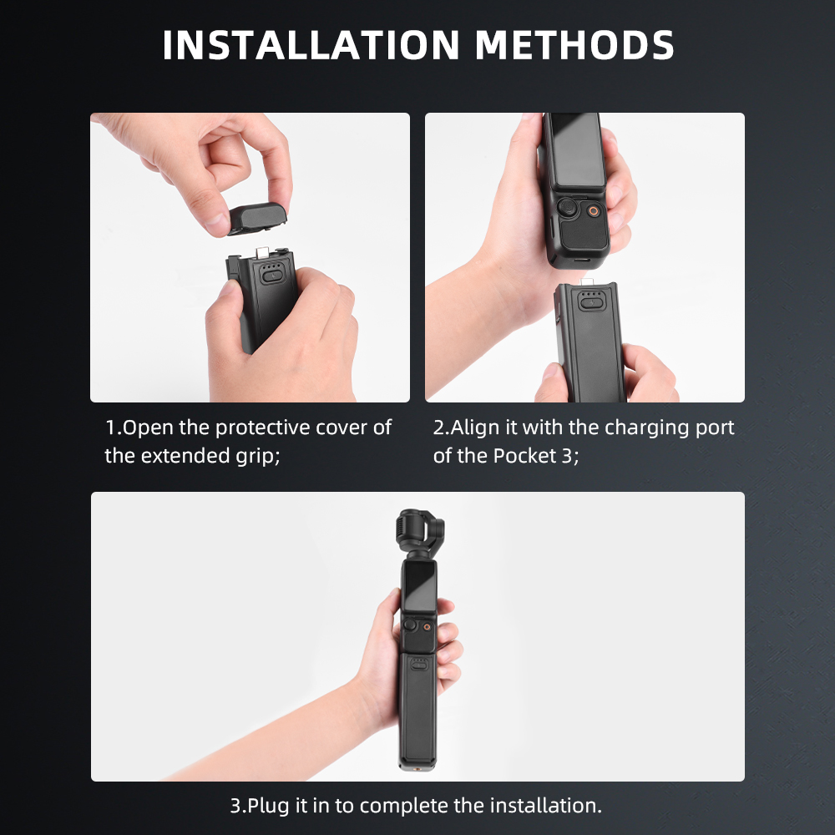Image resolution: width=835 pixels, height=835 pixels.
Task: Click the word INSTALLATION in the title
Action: [x=311, y=45]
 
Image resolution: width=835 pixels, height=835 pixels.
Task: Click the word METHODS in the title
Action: [x=574, y=45]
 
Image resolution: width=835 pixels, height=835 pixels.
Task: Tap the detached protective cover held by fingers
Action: [x=258, y=218]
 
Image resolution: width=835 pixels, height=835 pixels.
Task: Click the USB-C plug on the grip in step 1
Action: [x=262, y=253]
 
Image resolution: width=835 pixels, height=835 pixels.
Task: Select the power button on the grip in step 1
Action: [x=272, y=276]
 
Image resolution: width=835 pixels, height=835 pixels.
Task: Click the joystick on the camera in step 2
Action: [x=569, y=206]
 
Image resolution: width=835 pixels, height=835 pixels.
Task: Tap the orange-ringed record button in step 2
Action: [x=593, y=211]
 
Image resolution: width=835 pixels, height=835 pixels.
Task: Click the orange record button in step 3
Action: [x=427, y=627]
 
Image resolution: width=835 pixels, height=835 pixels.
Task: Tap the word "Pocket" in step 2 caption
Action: [x=524, y=456]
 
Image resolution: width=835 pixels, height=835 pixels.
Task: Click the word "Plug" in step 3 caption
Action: [x=270, y=806]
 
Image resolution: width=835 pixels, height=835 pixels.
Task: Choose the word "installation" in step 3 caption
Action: [x=546, y=805]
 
